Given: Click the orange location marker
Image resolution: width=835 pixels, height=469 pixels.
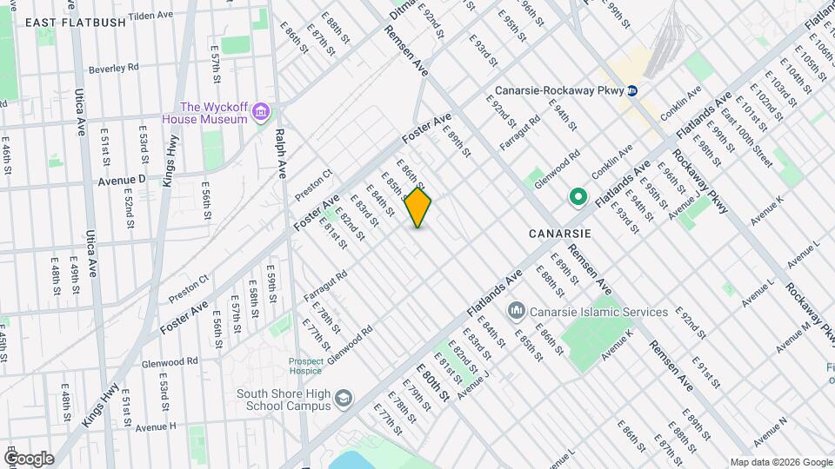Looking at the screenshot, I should (418, 208).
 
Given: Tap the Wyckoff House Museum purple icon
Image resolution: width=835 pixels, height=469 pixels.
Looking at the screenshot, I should (260, 113).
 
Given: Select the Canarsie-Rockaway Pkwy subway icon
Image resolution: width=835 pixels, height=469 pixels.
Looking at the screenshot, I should (633, 90).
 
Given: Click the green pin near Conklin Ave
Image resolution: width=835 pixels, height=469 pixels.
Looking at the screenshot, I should (577, 198).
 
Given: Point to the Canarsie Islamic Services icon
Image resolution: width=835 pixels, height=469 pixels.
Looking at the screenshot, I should (516, 311).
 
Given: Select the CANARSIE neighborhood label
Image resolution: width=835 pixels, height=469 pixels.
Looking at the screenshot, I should (560, 234).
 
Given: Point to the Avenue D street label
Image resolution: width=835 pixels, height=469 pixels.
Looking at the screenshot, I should (121, 181).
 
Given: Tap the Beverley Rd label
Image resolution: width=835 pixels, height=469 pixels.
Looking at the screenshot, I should (115, 67).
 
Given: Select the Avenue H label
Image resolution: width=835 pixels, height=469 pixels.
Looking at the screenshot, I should (157, 426).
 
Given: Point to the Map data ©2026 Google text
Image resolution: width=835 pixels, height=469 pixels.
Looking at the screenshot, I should (781, 462).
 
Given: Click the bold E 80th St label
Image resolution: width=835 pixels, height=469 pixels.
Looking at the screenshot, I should (433, 382).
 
